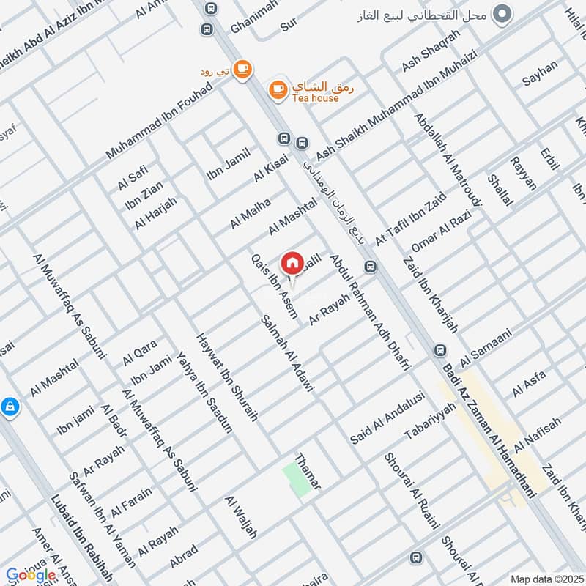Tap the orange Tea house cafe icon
coord(278,89)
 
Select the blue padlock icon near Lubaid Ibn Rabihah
coord(10,406)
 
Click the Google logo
coord(31,575)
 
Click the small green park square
coord(297,481)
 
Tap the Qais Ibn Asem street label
coord(275,286)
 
